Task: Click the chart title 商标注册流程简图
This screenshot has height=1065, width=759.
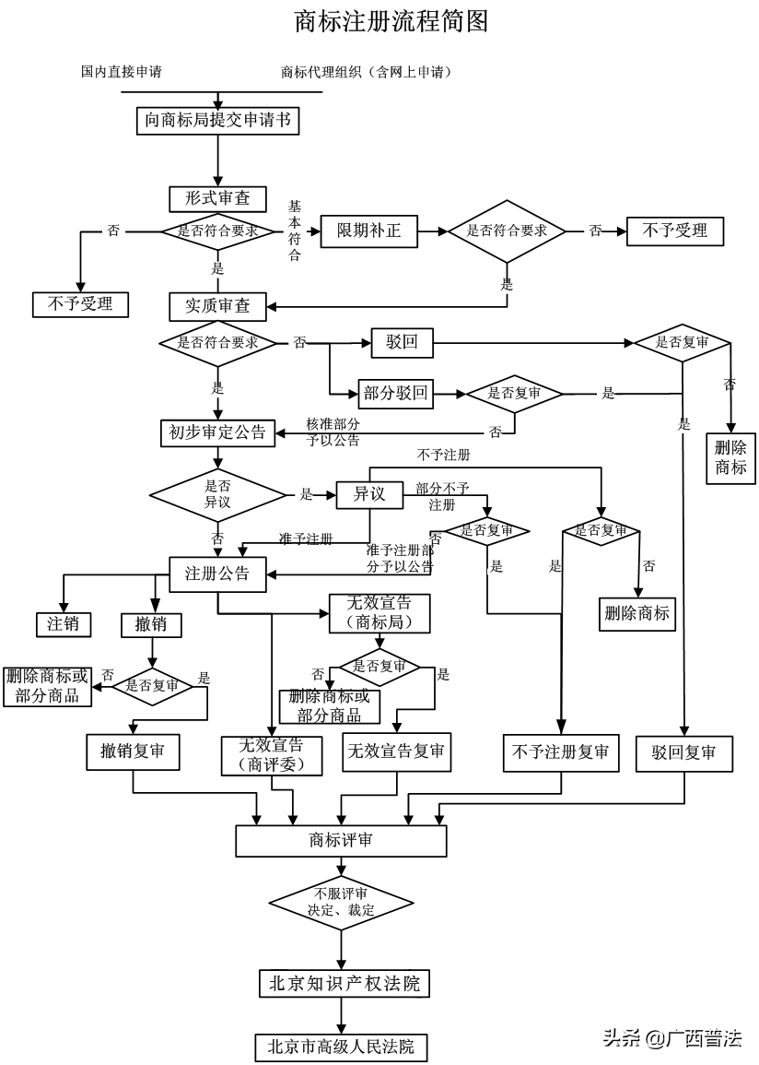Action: tap(391, 21)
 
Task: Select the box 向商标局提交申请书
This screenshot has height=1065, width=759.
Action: tap(218, 121)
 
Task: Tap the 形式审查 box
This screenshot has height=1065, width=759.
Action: tap(218, 198)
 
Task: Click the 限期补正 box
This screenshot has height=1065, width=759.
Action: tap(368, 231)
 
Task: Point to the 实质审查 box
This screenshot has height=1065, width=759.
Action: tap(218, 305)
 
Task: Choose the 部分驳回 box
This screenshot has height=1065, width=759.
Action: tap(395, 394)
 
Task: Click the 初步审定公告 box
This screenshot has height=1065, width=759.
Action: tap(218, 432)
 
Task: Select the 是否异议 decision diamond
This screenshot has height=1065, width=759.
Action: tap(217, 494)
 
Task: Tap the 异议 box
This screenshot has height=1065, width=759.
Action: tap(368, 495)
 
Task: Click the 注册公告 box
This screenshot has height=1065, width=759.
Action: tap(217, 574)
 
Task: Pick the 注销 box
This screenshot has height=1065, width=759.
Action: tap(64, 624)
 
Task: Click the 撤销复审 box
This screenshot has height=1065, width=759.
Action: tap(133, 751)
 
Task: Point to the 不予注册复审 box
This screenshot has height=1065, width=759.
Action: tap(560, 752)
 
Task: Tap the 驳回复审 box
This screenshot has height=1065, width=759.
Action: tap(684, 752)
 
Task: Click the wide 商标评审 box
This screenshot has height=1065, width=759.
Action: tap(341, 841)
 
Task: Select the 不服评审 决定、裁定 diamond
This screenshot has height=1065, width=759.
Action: tap(341, 901)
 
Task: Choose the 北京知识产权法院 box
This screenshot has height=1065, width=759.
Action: tap(344, 984)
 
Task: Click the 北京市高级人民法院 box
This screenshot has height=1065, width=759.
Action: tap(341, 1047)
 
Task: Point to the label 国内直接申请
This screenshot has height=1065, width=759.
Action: tap(122, 71)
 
